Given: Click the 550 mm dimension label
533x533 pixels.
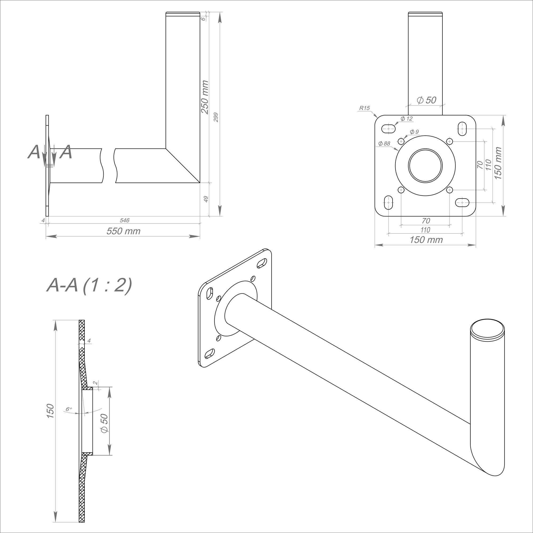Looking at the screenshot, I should [x=123, y=231].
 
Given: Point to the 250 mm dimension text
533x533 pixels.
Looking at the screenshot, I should [x=205, y=97].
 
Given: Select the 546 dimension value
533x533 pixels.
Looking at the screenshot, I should [x=124, y=220].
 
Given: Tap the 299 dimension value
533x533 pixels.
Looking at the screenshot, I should [x=216, y=117].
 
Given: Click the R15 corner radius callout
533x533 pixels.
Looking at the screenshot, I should [x=364, y=108].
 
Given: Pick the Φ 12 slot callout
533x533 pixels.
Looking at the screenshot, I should [x=406, y=119].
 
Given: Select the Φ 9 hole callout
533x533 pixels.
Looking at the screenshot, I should [x=414, y=132].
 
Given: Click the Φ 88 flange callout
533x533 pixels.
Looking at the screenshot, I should [x=384, y=143].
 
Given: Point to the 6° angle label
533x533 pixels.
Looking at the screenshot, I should [x=69, y=409].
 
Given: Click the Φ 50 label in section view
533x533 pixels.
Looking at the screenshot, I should [x=104, y=423].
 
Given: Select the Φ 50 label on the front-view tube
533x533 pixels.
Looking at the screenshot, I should [x=426, y=100].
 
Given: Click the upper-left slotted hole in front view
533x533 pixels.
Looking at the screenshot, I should [x=389, y=128].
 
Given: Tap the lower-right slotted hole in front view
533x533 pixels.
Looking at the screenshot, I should [x=462, y=203].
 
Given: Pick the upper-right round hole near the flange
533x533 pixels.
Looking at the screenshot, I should [x=450, y=142].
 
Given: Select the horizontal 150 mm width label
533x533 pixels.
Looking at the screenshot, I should [x=426, y=240].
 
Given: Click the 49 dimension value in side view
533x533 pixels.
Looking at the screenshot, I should [x=206, y=199].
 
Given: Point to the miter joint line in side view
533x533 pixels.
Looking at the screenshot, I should [x=183, y=166].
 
